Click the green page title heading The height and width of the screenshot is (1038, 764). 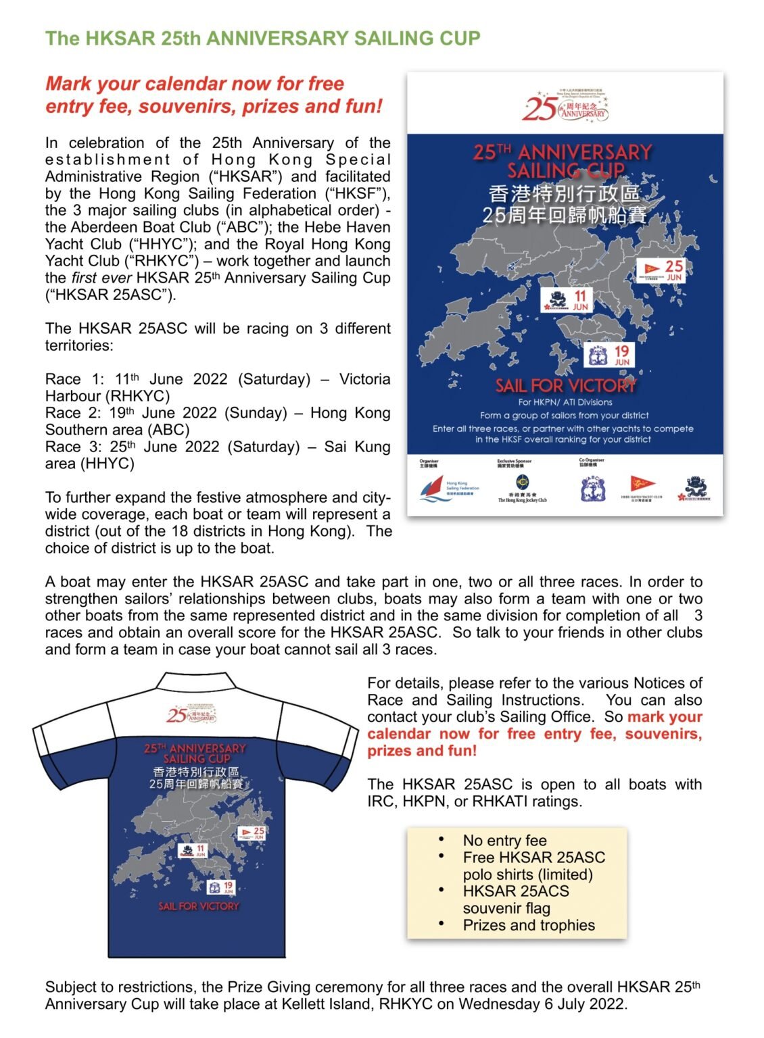point(262,39)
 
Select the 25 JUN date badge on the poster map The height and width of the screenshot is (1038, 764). point(659,270)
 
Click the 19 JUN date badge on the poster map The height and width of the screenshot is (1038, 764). point(609,355)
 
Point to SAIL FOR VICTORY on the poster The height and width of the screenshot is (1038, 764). point(565,386)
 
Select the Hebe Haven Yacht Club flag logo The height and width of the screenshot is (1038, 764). point(642,485)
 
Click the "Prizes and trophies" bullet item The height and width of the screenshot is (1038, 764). point(529,925)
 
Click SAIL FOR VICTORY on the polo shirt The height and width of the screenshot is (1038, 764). point(199,906)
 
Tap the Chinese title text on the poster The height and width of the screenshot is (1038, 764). point(565,205)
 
